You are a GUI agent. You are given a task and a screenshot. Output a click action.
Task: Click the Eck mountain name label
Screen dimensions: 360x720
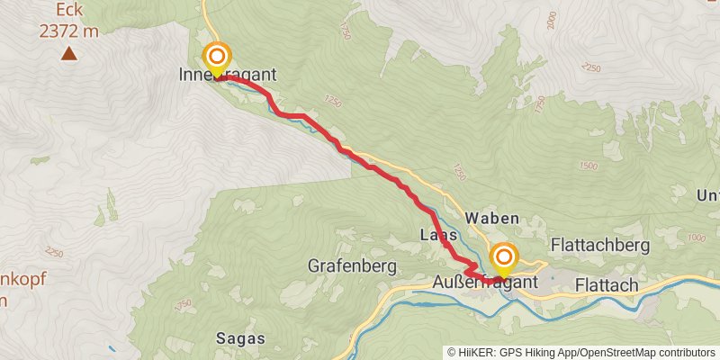68,10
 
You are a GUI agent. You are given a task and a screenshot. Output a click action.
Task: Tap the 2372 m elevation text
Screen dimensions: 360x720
68,30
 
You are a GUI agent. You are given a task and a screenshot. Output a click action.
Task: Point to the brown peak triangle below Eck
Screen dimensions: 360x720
68,54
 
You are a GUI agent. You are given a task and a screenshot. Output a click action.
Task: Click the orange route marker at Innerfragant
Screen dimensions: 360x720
217,57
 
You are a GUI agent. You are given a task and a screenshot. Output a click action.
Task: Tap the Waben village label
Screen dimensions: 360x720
492,219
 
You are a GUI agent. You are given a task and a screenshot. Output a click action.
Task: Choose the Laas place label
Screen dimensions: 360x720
439,236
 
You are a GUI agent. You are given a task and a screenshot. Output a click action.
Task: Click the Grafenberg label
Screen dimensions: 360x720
353,266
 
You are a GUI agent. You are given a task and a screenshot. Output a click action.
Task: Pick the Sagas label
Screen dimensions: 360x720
240,338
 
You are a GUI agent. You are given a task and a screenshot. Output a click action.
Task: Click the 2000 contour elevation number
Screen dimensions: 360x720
546,19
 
